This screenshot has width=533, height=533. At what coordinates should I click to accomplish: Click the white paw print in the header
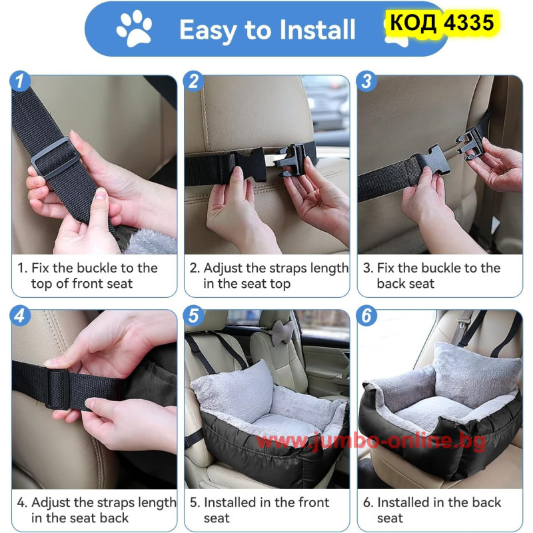click(x=134, y=28)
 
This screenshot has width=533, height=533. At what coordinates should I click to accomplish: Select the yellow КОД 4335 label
click(x=442, y=23)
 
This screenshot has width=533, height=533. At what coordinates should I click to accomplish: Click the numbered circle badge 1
click(x=20, y=81)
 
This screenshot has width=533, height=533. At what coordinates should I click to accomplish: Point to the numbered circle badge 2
click(x=193, y=81)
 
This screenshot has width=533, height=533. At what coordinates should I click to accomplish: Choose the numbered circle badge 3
click(x=366, y=81)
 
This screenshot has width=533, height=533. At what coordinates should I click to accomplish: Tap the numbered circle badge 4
click(x=20, y=315)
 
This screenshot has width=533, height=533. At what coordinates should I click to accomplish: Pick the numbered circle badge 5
click(x=193, y=315)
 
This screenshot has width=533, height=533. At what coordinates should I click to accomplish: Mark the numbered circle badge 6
click(x=366, y=315)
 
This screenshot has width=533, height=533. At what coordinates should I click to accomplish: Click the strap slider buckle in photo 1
click(x=55, y=158)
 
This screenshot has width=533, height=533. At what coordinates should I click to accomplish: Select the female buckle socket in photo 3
click(x=431, y=163)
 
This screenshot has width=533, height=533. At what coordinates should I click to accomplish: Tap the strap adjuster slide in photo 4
click(x=57, y=388)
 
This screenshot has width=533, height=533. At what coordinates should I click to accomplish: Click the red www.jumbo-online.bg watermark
click(x=370, y=441)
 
